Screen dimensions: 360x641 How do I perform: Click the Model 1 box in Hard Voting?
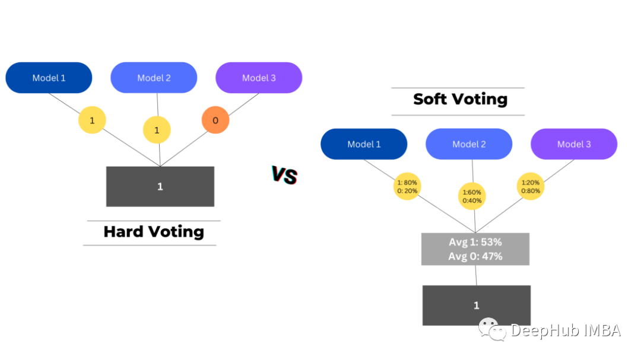click(49, 78)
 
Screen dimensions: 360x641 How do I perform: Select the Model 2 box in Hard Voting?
click(154, 78)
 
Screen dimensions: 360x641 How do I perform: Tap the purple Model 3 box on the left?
click(259, 78)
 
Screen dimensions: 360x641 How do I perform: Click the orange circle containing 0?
click(215, 120)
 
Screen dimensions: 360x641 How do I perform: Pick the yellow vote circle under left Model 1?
click(92, 120)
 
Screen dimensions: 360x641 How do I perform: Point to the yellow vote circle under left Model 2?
click(157, 130)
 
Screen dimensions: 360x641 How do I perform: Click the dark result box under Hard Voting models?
click(160, 186)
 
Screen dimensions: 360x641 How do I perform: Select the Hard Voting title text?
click(153, 231)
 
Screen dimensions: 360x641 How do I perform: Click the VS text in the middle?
click(284, 176)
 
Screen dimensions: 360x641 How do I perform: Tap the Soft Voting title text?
click(460, 98)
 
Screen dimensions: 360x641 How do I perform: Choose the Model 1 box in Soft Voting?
click(364, 144)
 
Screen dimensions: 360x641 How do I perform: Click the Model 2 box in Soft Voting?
click(469, 144)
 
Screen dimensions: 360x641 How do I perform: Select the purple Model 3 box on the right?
click(574, 144)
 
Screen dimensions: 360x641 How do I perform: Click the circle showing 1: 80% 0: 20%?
click(407, 186)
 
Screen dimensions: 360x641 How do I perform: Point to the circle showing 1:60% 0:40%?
click(472, 196)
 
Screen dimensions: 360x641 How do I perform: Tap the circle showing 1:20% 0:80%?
click(530, 186)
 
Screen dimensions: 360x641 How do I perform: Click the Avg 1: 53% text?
click(475, 242)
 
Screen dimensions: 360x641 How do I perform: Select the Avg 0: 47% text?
click(475, 256)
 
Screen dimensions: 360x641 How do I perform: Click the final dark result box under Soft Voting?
click(476, 305)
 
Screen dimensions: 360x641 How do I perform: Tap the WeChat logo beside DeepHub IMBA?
click(492, 329)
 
